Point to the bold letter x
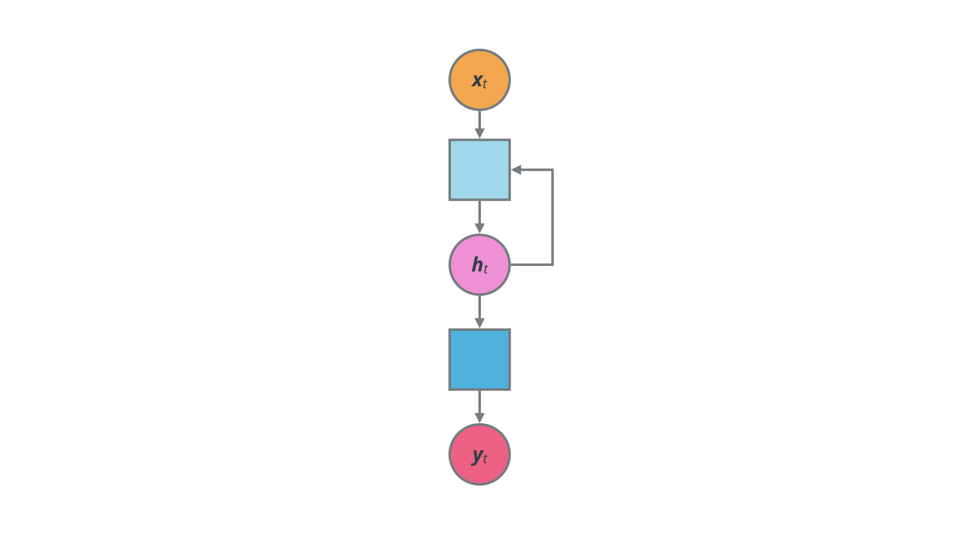coord(477,80)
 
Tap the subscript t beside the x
coord(485,84)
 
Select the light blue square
coord(479,170)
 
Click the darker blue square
coord(479,359)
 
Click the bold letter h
coord(477,264)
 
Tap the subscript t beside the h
coord(485,269)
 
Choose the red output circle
coord(479,472)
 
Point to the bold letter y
coord(477,455)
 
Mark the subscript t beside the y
coord(485,458)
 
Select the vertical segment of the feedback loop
coord(552,217)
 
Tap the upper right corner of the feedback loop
coord(552,170)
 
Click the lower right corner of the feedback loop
coord(552,265)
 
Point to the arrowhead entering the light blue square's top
coord(479,133)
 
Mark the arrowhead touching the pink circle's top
coord(479,228)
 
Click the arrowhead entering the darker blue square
coord(479,323)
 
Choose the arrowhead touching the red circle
coord(479,418)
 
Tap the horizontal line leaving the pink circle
coord(530,265)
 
